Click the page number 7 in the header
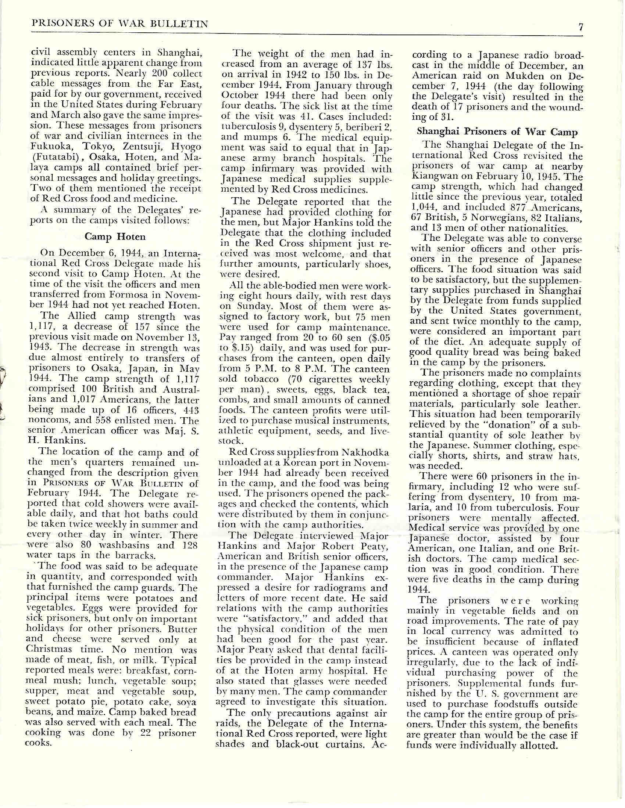(x=581, y=27)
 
